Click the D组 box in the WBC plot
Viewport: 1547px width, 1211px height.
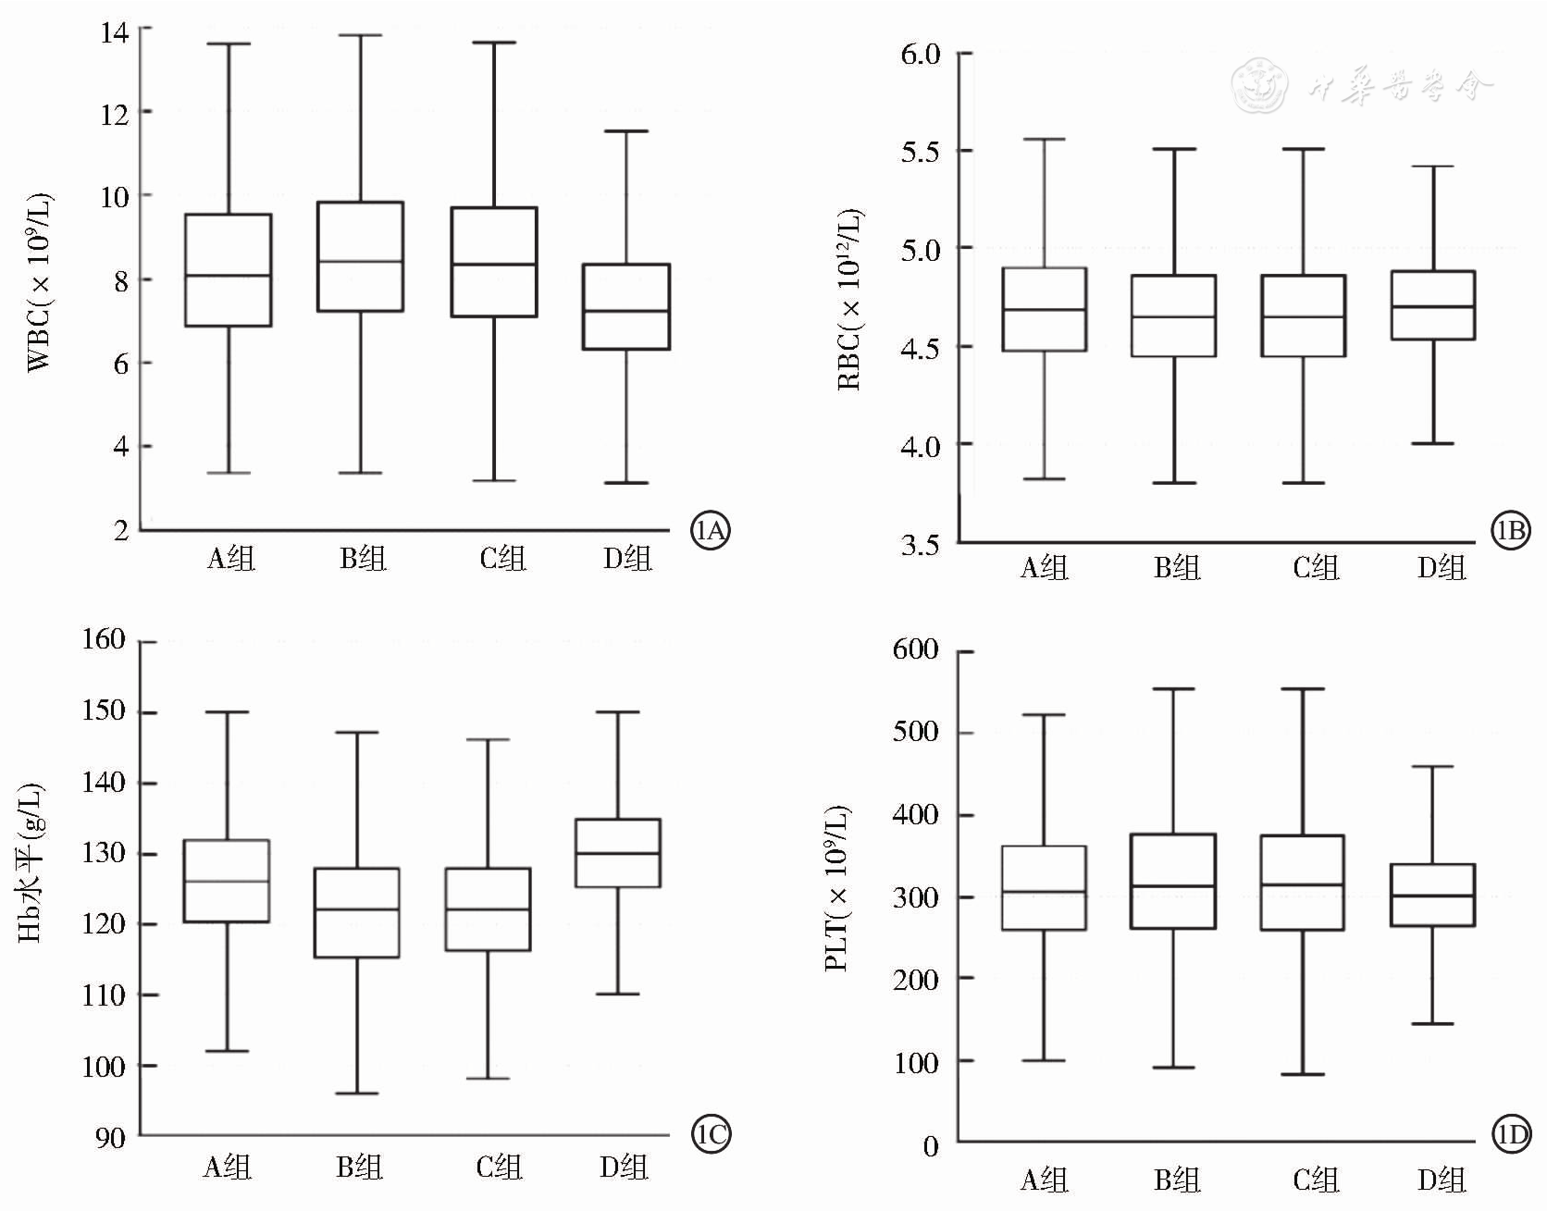626,306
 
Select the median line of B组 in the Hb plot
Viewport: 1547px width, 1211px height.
357,909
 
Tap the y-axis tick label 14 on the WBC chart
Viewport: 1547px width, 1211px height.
115,33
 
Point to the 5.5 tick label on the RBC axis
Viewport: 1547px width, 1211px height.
920,152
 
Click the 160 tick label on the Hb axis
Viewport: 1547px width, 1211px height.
103,639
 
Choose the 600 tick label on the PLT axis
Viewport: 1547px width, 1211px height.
915,649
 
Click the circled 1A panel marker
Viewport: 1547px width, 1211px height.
711,531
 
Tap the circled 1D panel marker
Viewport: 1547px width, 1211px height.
1511,1135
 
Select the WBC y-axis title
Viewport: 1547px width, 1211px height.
40,282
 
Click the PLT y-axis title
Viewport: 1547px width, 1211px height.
837,888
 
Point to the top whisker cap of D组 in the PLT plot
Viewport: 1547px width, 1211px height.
1433,767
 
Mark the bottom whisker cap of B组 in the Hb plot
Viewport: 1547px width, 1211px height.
357,1094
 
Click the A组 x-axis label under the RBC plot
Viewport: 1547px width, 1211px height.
1044,567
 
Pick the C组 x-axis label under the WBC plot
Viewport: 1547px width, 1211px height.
501,558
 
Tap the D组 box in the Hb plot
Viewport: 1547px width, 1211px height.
617,853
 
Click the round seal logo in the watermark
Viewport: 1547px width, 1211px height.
1260,85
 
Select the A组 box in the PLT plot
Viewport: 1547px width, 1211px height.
1045,888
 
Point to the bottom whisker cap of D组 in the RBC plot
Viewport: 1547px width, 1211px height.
1433,444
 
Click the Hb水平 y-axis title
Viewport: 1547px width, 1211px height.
31,862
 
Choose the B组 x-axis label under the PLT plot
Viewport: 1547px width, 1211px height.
1176,1180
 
